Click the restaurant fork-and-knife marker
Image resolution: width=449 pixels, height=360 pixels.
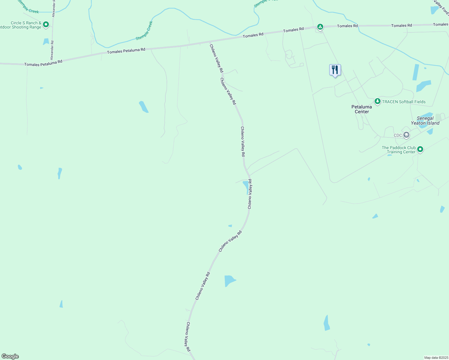click(335, 70)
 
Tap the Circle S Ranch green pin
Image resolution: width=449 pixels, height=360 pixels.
click(46, 24)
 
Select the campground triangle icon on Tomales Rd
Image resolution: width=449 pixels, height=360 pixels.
click(320, 27)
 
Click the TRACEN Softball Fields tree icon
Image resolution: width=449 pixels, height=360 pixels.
click(378, 101)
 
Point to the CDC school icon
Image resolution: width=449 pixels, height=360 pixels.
click(406, 135)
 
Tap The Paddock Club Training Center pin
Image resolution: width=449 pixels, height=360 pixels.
click(420, 149)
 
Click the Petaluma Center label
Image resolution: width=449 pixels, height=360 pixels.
click(362, 109)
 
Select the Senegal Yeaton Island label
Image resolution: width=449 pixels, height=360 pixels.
click(425, 121)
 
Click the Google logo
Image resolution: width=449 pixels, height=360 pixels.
click(10, 356)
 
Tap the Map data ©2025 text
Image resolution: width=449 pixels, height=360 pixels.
click(436, 358)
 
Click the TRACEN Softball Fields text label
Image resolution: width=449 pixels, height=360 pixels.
click(404, 102)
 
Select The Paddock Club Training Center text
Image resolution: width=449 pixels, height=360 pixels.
click(399, 150)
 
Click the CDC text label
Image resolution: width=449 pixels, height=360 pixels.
click(398, 135)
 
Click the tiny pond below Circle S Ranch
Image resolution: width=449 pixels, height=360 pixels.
click(46, 41)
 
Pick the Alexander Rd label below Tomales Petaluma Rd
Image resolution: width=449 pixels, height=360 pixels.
click(52, 50)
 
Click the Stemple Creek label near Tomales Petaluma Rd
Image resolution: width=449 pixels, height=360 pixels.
click(144, 30)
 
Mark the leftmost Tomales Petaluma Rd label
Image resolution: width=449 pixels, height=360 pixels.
click(43, 63)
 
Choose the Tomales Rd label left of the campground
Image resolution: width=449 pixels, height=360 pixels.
click(294, 30)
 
